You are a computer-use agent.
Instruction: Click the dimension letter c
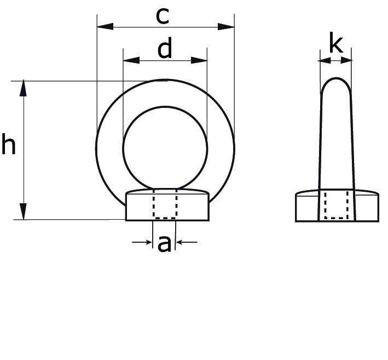pos(163,16)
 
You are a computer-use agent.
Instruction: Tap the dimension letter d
pos(165,48)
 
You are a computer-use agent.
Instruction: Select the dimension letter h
pos(8,144)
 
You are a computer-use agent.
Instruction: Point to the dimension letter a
pos(164,244)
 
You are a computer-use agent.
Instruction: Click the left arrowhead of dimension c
pos(105,26)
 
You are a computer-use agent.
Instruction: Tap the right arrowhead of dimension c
pos(226,26)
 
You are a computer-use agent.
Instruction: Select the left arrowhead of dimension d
pos(131,60)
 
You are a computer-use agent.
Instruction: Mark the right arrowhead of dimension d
pos(199,60)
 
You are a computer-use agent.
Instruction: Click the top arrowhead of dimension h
pos(24,88)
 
